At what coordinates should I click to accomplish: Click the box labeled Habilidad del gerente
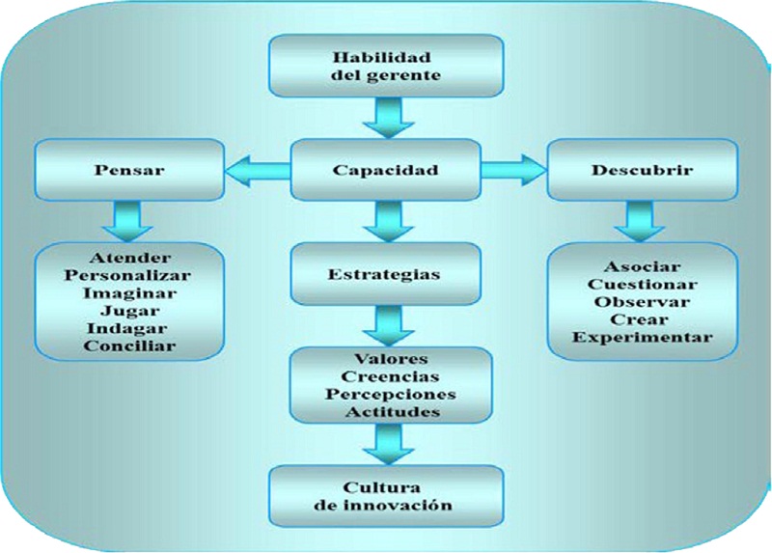pyautogui.click(x=385, y=66)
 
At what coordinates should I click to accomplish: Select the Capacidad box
pyautogui.click(x=385, y=171)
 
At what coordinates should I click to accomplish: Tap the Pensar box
pyautogui.click(x=130, y=171)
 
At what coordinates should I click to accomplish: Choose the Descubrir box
pyautogui.click(x=642, y=171)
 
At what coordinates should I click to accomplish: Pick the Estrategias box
pyautogui.click(x=385, y=274)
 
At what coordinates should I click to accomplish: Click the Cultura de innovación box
pyautogui.click(x=385, y=495)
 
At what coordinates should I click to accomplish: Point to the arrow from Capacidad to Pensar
pyautogui.click(x=256, y=171)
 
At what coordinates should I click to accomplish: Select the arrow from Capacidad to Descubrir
pyautogui.click(x=514, y=171)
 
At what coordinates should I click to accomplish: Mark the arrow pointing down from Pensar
pyautogui.click(x=130, y=220)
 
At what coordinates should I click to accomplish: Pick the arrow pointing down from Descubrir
pyautogui.click(x=642, y=220)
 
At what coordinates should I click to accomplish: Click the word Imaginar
pyautogui.click(x=130, y=293)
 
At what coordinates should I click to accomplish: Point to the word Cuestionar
pyautogui.click(x=642, y=284)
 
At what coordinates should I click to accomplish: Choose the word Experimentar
pyautogui.click(x=642, y=337)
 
